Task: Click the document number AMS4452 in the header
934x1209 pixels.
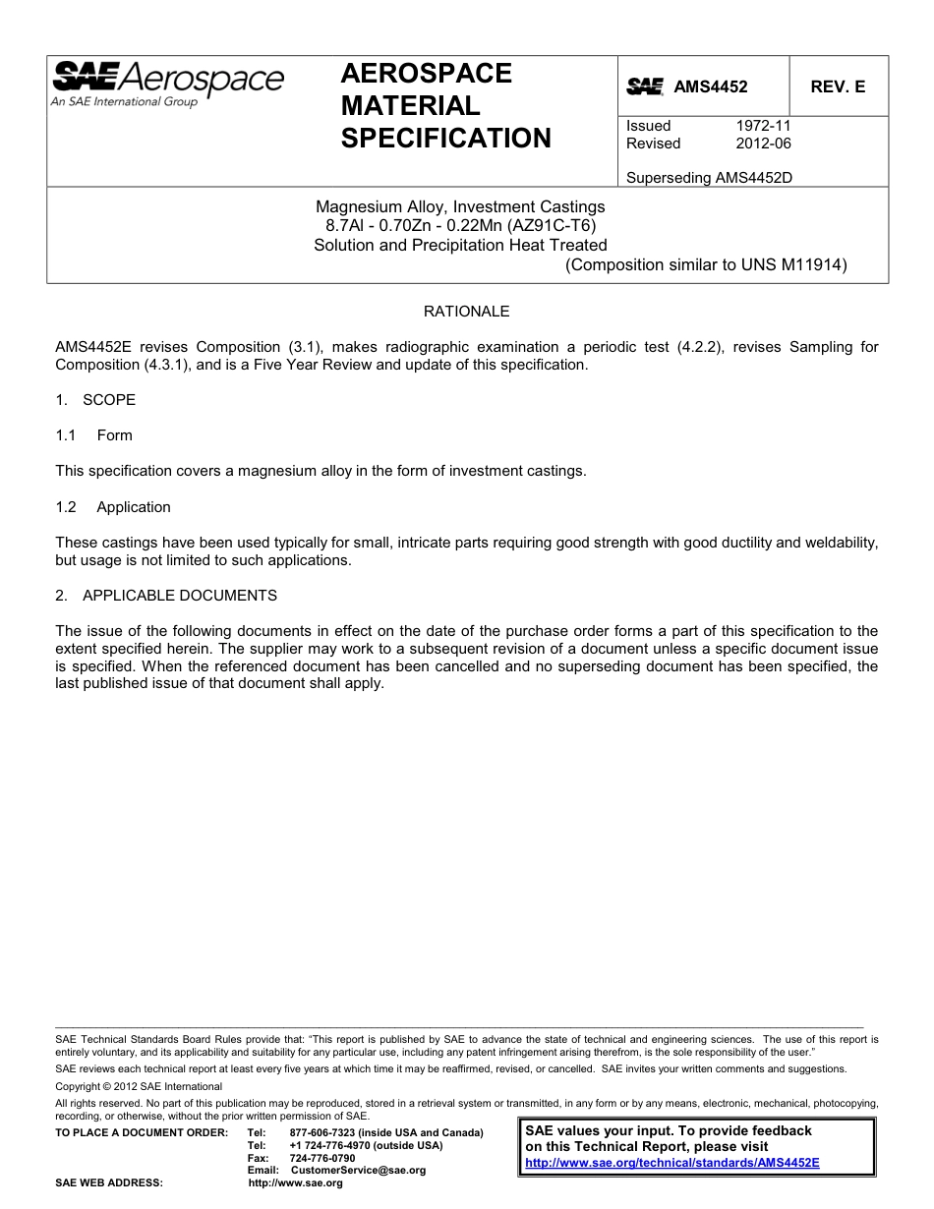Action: tap(710, 86)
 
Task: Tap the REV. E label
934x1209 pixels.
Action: tap(838, 86)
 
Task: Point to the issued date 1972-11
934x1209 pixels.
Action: tap(763, 126)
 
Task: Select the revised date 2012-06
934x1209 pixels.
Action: tap(763, 144)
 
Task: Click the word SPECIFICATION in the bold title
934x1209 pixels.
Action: tap(445, 139)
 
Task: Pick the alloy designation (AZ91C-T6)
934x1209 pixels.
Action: tap(550, 226)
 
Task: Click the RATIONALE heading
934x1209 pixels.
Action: tap(466, 312)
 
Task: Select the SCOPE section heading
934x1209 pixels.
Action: tap(109, 400)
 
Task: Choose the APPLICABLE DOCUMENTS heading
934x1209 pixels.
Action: tap(179, 596)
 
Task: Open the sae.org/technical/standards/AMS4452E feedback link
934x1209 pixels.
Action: tap(672, 1162)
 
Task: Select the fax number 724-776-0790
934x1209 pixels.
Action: tap(322, 1158)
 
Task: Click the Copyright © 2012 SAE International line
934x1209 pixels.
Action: tap(139, 1086)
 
